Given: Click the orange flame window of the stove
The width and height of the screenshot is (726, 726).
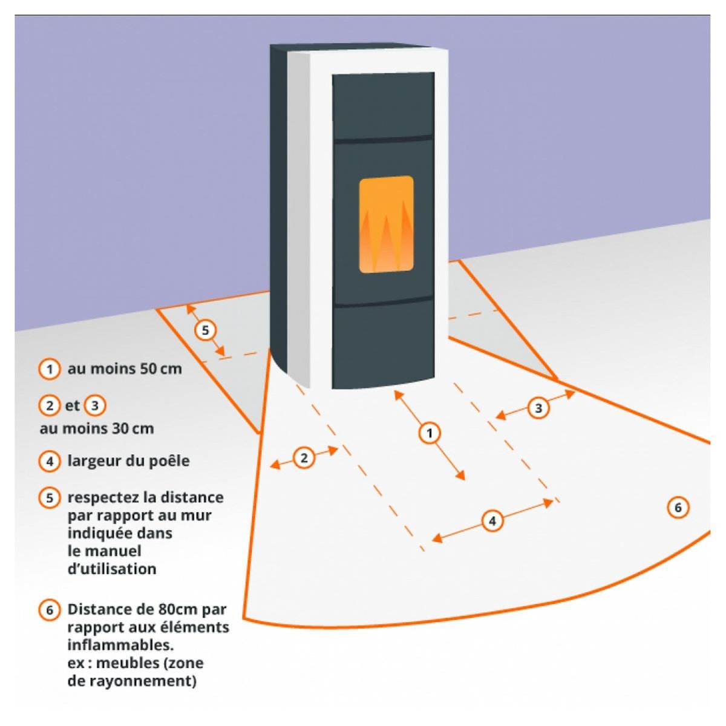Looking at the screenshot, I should [x=386, y=224].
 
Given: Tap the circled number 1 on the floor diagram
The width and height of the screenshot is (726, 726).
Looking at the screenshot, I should [x=430, y=433].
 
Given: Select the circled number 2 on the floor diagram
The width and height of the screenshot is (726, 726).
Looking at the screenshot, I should [x=304, y=458].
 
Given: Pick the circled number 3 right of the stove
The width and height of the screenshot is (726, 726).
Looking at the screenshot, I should [x=538, y=408].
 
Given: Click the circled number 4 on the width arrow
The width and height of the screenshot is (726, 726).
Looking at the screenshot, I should [x=492, y=520].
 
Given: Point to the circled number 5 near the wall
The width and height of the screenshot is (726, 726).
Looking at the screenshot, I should [x=205, y=330].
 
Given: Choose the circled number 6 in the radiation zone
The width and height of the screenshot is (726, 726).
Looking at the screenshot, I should [x=678, y=507].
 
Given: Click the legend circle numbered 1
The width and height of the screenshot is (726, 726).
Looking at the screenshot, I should [x=50, y=369].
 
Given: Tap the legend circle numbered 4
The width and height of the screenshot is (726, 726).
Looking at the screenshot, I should [x=50, y=461].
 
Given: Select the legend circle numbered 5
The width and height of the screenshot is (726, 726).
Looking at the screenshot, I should [x=50, y=498].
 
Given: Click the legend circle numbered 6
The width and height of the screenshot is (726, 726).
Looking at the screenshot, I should [x=50, y=609].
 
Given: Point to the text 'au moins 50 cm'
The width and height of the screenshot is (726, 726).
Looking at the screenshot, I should [x=125, y=369].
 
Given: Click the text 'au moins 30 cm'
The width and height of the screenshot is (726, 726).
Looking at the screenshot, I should [x=97, y=429].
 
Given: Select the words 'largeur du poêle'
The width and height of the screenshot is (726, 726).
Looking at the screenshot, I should [x=128, y=461].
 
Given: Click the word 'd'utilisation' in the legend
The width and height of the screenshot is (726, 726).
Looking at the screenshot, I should [x=112, y=569].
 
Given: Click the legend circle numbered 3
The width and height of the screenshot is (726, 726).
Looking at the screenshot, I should [x=93, y=405].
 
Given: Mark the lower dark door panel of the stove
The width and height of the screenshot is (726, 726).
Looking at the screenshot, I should [x=384, y=345].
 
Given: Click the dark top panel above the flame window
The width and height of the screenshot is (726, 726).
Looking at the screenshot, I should [x=383, y=106].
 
